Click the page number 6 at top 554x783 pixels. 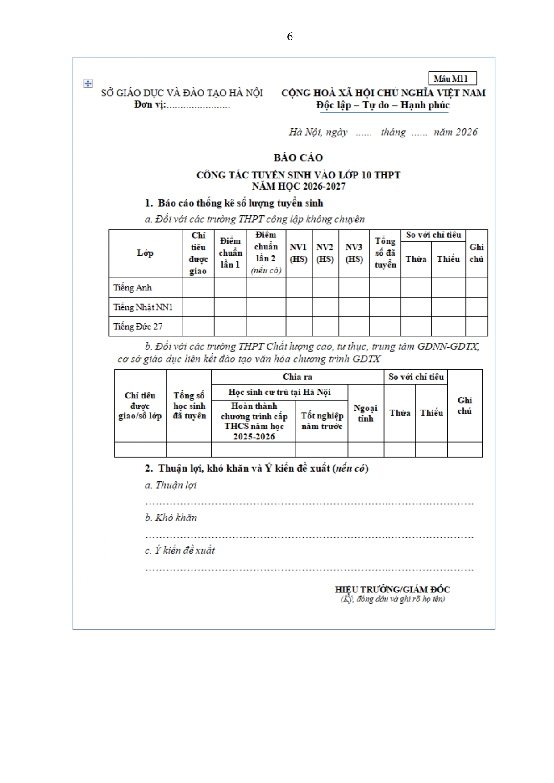coord(290,37)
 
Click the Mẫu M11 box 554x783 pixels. coord(452,79)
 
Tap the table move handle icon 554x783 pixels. coord(88,83)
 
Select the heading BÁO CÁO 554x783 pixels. coord(298,157)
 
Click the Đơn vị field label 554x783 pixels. coord(150,105)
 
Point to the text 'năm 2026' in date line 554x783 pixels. coord(455,132)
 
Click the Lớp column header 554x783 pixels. coord(145,253)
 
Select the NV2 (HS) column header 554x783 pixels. coord(325,253)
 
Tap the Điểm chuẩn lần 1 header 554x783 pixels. coord(230,253)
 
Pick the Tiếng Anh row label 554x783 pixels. coord(133,288)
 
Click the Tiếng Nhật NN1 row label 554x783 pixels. coord(143,307)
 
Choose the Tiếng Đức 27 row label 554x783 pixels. coord(138,327)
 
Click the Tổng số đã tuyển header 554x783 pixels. coord(385,253)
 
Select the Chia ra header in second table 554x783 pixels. coord(297,377)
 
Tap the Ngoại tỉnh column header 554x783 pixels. coord(365,413)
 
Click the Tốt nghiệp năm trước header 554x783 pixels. coord(321,421)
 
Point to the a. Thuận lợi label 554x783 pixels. coord(171,485)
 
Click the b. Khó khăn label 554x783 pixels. coord(171,518)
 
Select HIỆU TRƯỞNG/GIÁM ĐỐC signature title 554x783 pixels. coord(392,589)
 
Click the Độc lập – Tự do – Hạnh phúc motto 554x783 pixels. coord(383,105)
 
